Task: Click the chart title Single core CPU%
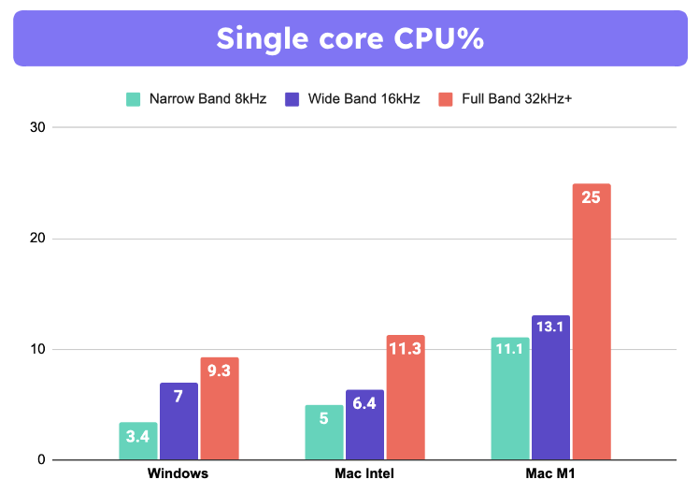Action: pyautogui.click(x=349, y=38)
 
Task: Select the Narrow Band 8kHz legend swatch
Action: pyautogui.click(x=134, y=98)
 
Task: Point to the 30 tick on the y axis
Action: pyautogui.click(x=36, y=127)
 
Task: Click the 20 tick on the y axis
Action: pyautogui.click(x=36, y=239)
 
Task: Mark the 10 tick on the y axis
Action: pyautogui.click(x=36, y=349)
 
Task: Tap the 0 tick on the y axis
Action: pyautogui.click(x=41, y=460)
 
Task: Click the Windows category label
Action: pyautogui.click(x=178, y=473)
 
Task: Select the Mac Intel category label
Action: pyautogui.click(x=364, y=473)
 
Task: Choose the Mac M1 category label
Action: pyautogui.click(x=550, y=473)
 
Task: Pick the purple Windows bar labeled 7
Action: pyautogui.click(x=178, y=422)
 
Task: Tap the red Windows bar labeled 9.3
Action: pyautogui.click(x=219, y=409)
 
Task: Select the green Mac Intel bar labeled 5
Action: pyautogui.click(x=324, y=433)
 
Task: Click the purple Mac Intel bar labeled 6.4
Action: pyautogui.click(x=364, y=426)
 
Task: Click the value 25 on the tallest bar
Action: pyautogui.click(x=591, y=198)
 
